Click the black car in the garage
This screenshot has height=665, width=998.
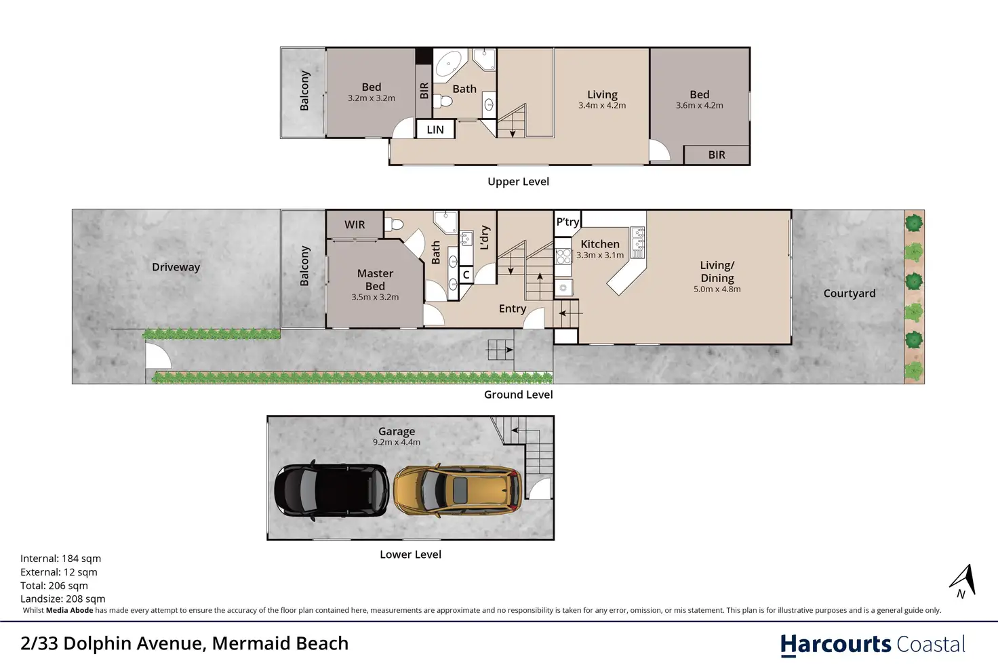[332, 490]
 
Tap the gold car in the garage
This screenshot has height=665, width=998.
[458, 490]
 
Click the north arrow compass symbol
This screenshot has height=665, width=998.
[963, 581]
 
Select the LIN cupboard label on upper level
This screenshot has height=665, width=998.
[435, 129]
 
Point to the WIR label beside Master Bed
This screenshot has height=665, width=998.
[355, 224]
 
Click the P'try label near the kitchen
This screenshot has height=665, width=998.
[567, 222]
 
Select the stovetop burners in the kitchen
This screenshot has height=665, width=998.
[563, 256]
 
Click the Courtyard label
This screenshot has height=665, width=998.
[850, 293]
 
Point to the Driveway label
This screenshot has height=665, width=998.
[176, 267]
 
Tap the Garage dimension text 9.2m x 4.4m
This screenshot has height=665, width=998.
[397, 442]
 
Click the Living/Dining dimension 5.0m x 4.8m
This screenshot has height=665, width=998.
[717, 289]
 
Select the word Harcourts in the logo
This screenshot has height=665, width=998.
[835, 645]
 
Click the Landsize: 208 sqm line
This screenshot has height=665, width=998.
[63, 599]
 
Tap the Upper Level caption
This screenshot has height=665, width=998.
[518, 181]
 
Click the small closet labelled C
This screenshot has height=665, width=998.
[466, 275]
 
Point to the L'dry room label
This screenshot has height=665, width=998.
[485, 237]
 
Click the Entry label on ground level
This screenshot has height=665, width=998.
[513, 308]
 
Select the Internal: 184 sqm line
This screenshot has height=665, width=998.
[60, 558]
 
